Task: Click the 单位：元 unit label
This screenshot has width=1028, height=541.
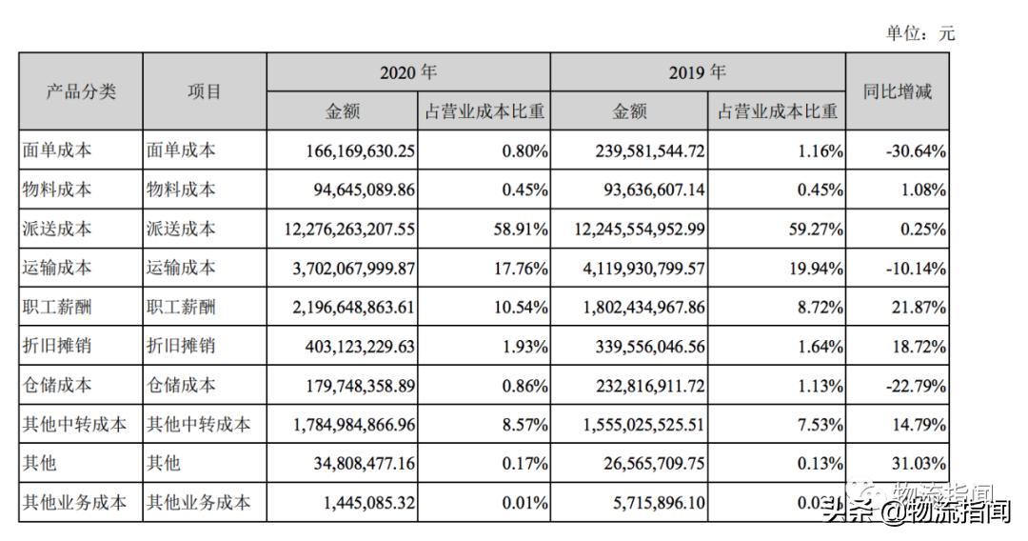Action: tap(919, 33)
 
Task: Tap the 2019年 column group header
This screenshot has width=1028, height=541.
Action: tap(697, 72)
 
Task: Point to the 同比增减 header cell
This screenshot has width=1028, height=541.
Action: tap(897, 91)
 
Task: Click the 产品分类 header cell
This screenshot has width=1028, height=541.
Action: tap(81, 91)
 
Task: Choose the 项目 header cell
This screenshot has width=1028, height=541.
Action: tap(204, 91)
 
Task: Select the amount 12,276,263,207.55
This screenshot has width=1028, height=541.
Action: tap(344, 229)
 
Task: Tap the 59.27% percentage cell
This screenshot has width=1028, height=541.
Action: tap(811, 229)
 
